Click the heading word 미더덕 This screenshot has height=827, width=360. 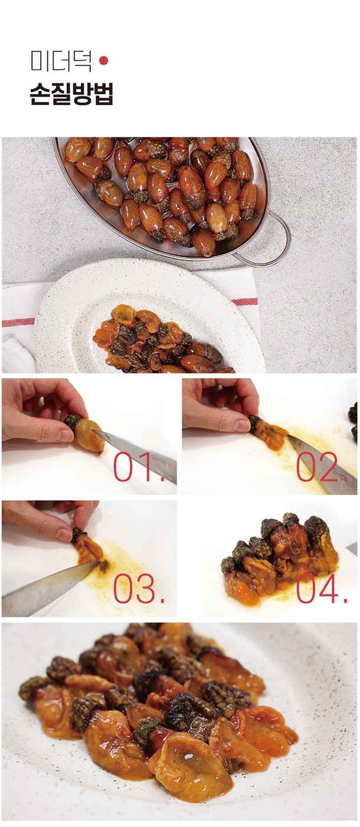click(x=61, y=61)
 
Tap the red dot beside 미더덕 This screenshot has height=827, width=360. click(x=104, y=61)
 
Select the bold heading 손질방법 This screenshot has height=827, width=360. click(x=71, y=94)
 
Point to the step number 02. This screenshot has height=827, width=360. click(x=322, y=467)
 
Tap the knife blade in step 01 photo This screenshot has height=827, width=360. click(x=136, y=455)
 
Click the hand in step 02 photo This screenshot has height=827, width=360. click(x=221, y=405)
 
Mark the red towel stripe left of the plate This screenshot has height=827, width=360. click(x=18, y=322)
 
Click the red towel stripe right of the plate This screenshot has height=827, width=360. click(x=244, y=302)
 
